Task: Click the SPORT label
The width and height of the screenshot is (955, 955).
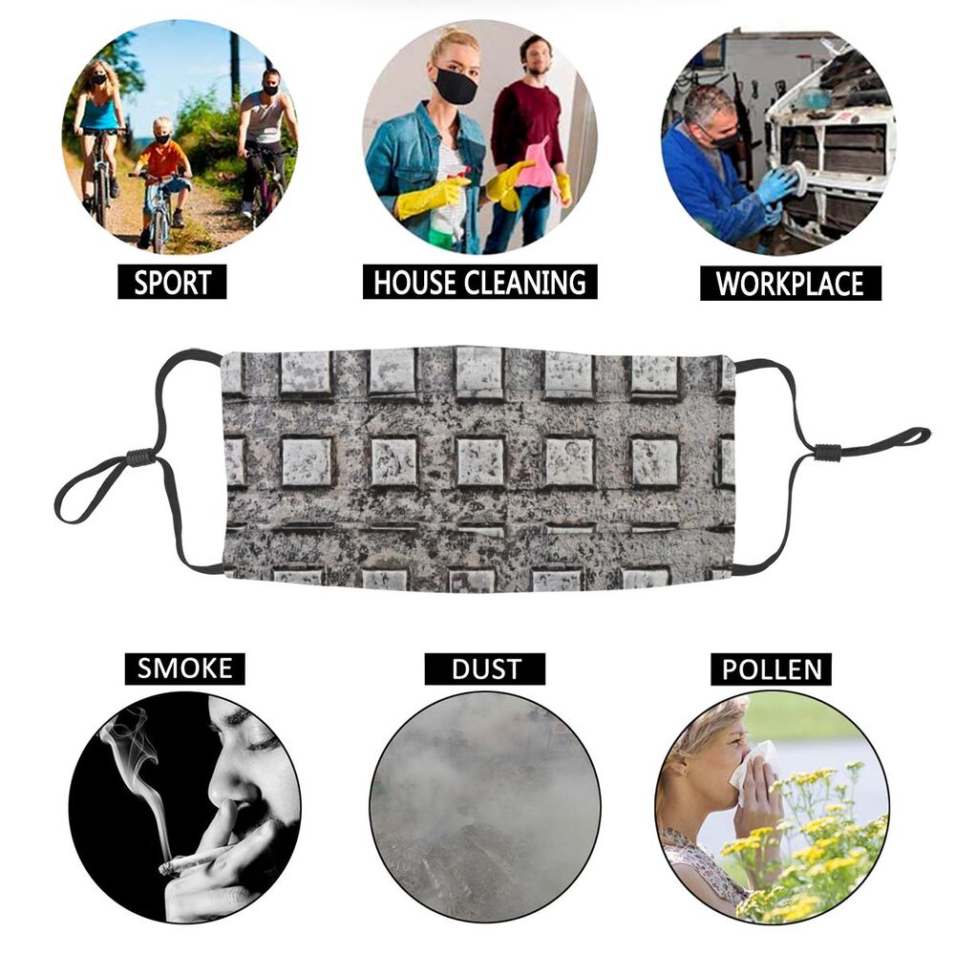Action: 172,282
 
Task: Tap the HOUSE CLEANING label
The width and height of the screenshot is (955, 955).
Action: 480,282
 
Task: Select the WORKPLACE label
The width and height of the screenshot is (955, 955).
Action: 791,284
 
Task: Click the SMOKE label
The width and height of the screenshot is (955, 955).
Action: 184,668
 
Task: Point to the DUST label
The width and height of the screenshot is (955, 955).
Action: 485,668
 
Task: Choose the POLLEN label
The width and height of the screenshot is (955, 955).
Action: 771,669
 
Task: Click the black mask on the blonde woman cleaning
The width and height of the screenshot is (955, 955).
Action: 455,86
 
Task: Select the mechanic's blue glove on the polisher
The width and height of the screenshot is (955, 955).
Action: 777,186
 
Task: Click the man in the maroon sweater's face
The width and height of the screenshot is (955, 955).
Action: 536,56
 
